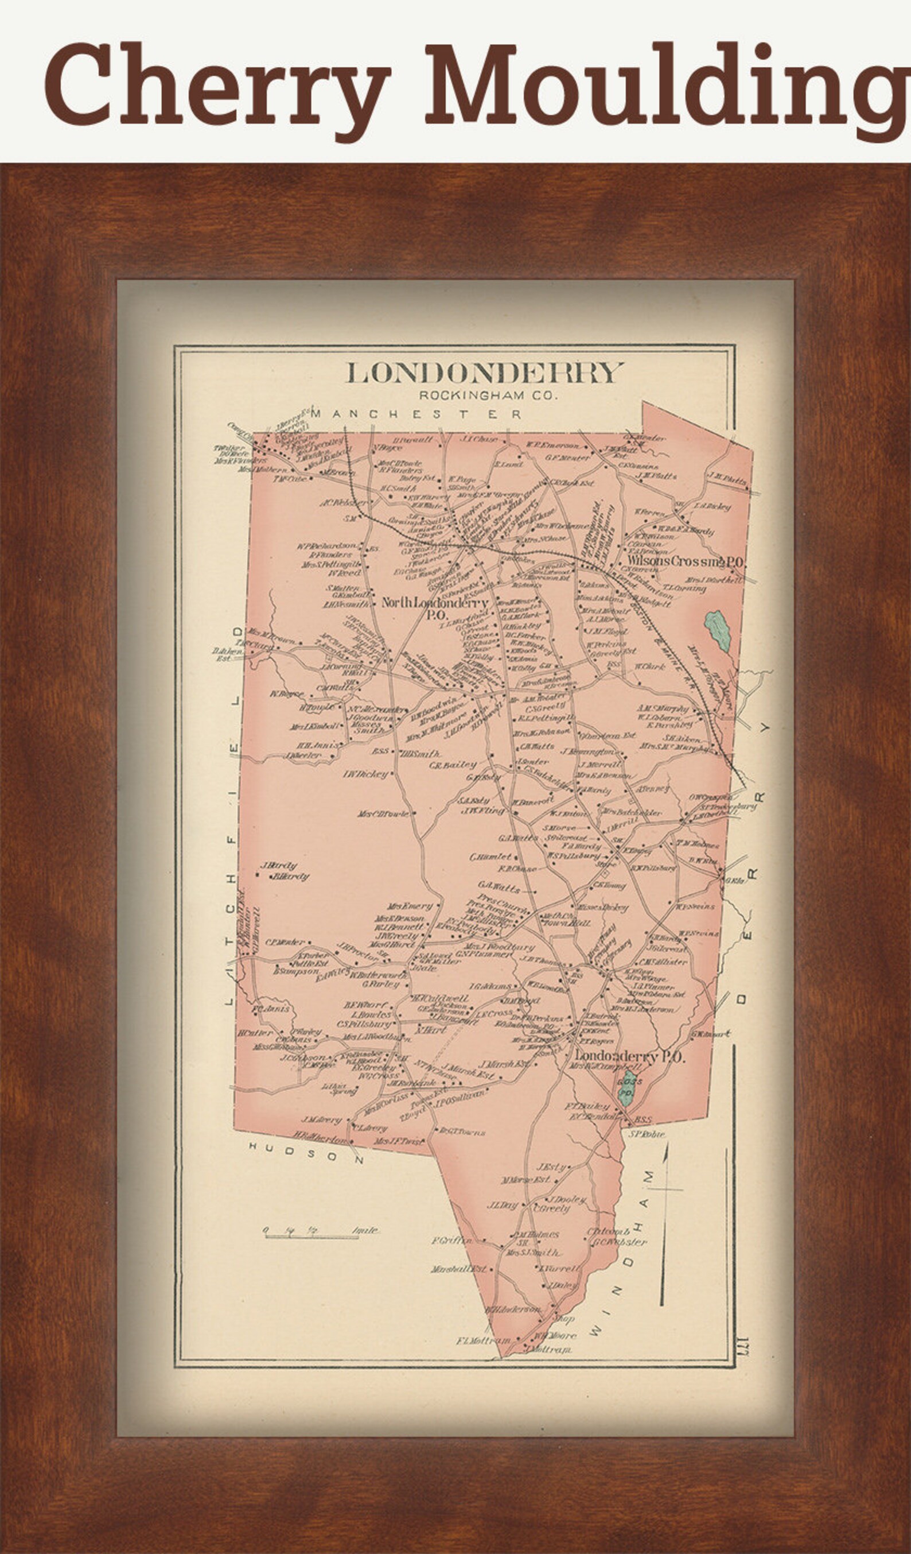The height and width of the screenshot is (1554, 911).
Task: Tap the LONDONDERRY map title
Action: click(x=484, y=373)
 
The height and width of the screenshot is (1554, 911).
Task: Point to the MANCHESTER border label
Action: click(x=416, y=414)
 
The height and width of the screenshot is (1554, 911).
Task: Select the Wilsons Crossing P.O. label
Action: click(x=687, y=562)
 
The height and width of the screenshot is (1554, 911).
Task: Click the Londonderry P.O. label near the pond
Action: click(x=629, y=1056)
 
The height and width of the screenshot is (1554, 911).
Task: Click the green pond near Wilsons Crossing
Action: click(x=718, y=630)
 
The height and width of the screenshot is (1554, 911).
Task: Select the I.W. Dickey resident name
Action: click(x=366, y=773)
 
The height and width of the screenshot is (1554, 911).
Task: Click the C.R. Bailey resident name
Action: click(x=453, y=765)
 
